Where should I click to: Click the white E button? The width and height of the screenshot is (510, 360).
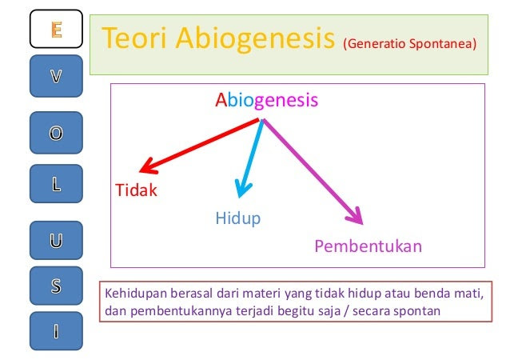pyautogui.click(x=56, y=29)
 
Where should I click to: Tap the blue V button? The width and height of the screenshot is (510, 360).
pyautogui.click(x=56, y=76)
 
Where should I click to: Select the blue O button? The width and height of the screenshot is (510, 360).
pyautogui.click(x=56, y=133)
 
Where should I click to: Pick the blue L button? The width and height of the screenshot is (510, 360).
pyautogui.click(x=56, y=184)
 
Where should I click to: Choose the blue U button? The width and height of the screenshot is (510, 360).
pyautogui.click(x=56, y=241)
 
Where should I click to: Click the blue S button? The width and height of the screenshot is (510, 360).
pyautogui.click(x=56, y=286)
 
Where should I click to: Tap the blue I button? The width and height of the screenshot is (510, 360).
pyautogui.click(x=56, y=331)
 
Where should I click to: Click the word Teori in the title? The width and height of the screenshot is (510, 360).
pyautogui.click(x=134, y=38)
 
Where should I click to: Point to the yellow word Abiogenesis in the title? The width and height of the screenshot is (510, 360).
pyautogui.click(x=255, y=40)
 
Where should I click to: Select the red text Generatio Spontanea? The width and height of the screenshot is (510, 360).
pyautogui.click(x=410, y=44)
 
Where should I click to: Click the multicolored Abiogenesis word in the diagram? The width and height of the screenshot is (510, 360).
pyautogui.click(x=267, y=100)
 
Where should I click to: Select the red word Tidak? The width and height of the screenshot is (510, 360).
pyautogui.click(x=136, y=190)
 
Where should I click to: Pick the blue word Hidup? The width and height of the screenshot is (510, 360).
pyautogui.click(x=238, y=218)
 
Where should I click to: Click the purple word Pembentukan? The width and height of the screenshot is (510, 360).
pyautogui.click(x=369, y=246)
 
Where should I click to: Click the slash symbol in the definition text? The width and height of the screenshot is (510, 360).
pyautogui.click(x=347, y=311)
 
